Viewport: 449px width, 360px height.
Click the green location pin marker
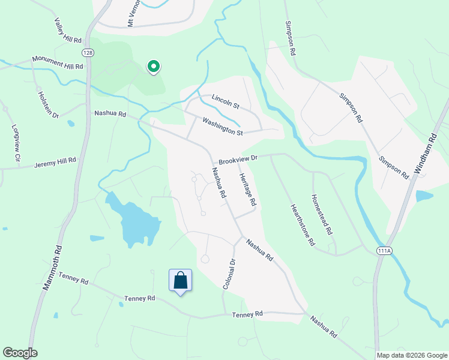click(x=154, y=67)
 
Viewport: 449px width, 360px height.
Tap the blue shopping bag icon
click(x=181, y=280)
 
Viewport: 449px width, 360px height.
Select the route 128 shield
click(x=88, y=53)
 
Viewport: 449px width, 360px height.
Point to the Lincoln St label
click(x=225, y=101)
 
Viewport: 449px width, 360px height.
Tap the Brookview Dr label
click(x=238, y=160)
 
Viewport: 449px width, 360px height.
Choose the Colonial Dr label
click(x=228, y=274)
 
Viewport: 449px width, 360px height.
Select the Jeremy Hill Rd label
click(x=55, y=163)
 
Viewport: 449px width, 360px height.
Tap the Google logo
click(x=20, y=353)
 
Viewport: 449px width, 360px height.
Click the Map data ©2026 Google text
click(x=411, y=355)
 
